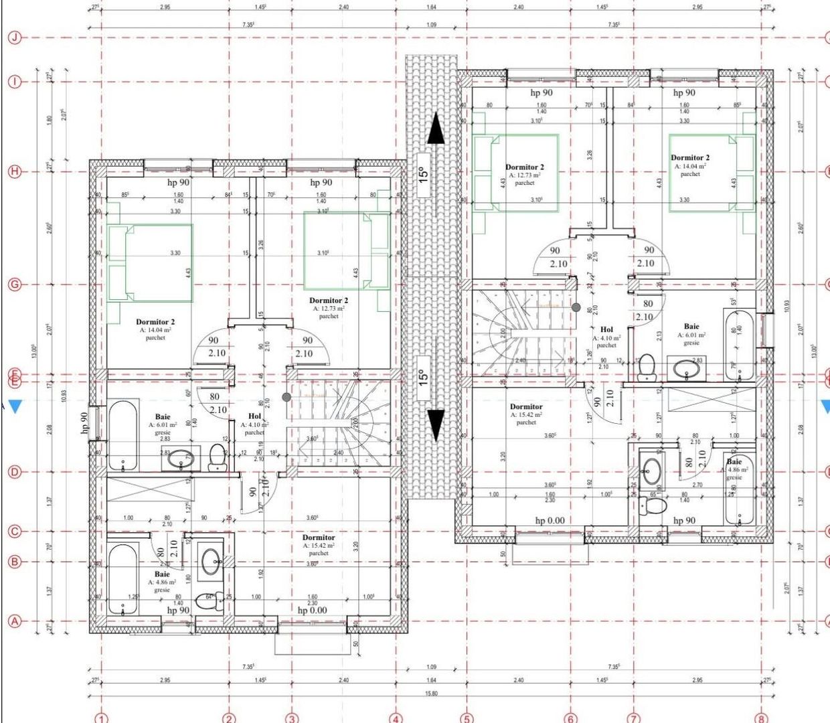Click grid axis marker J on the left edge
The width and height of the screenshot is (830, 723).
pyautogui.click(x=14, y=37)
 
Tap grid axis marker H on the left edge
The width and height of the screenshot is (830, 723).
pyautogui.click(x=14, y=171)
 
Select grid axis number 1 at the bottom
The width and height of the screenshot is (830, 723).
pyautogui.click(x=101, y=718)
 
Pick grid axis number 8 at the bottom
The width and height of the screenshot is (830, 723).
pyautogui.click(x=761, y=718)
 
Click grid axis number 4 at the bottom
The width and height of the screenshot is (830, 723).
pyautogui.click(x=396, y=718)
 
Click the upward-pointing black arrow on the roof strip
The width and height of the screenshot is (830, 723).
pyautogui.click(x=435, y=129)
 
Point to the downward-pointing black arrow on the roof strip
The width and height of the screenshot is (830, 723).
pyautogui.click(x=435, y=424)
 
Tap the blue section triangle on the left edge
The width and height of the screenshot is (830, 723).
pyautogui.click(x=15, y=406)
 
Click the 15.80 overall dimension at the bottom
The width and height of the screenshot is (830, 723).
pyautogui.click(x=431, y=694)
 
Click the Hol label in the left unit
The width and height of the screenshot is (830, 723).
pyautogui.click(x=255, y=416)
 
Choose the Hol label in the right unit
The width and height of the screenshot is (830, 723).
pyautogui.click(x=606, y=329)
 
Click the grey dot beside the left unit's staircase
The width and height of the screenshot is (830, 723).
pyautogui.click(x=286, y=397)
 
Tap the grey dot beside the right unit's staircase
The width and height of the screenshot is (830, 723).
pyautogui.click(x=576, y=307)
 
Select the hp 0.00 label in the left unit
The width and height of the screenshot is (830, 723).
pyautogui.click(x=312, y=610)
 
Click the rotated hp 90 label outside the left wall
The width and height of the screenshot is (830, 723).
pyautogui.click(x=85, y=424)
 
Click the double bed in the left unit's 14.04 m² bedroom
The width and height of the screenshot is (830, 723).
pyautogui.click(x=151, y=263)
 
